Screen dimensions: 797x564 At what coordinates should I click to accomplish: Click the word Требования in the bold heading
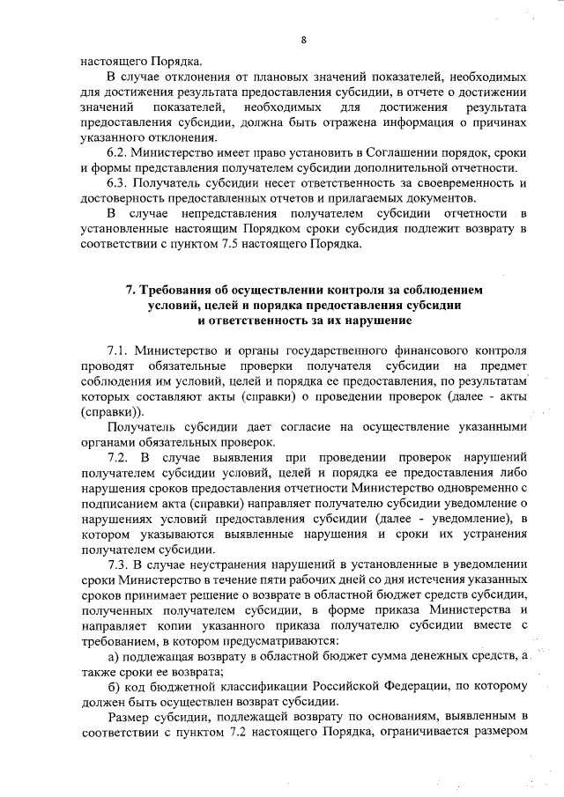point(180,289)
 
